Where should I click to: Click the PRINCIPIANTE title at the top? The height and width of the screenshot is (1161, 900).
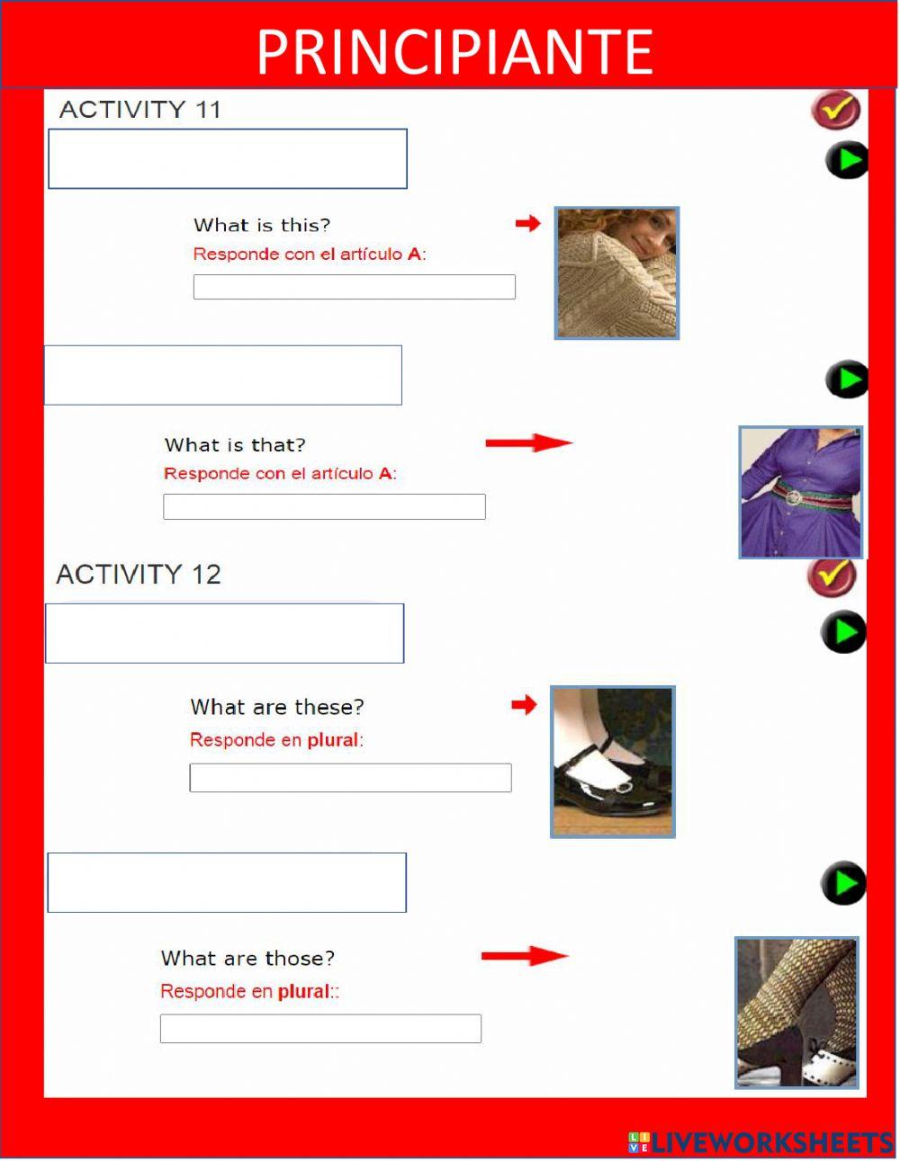click(x=454, y=51)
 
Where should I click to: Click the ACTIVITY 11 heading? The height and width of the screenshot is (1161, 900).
click(x=140, y=110)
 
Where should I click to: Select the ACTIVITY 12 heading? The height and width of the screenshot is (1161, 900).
click(x=139, y=575)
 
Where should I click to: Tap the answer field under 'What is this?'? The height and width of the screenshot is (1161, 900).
click(x=354, y=287)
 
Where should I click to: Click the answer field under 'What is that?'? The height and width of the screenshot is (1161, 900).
click(x=324, y=506)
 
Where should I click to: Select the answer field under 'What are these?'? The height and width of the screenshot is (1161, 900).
click(x=350, y=778)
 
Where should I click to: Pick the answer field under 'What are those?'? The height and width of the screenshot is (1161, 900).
click(x=320, y=1029)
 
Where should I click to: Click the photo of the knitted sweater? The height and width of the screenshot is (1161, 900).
click(x=616, y=273)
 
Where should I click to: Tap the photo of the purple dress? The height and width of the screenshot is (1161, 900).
click(x=801, y=492)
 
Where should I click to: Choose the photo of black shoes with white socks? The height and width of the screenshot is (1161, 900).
click(x=612, y=762)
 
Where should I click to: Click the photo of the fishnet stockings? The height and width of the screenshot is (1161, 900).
click(x=796, y=1013)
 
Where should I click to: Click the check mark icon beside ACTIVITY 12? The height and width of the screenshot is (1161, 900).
click(x=832, y=576)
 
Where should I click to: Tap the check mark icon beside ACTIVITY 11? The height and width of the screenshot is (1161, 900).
click(x=836, y=111)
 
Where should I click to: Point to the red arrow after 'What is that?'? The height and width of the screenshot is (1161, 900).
click(x=528, y=442)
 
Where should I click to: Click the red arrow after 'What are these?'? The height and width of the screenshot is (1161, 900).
click(x=524, y=705)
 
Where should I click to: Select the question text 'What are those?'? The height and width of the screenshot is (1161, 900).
click(x=247, y=959)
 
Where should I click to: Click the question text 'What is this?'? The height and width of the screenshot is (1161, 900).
click(x=262, y=226)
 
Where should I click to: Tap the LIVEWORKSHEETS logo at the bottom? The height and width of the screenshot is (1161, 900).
click(x=760, y=1143)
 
